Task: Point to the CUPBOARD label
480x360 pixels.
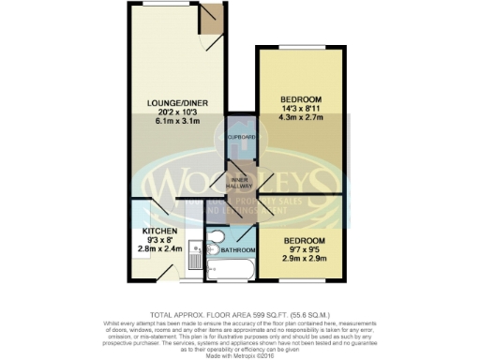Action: pos(241,137)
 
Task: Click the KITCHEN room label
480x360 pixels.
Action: pos(159,231)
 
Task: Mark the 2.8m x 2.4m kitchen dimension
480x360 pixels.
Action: pos(159,250)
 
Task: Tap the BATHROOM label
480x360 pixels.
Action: pos(239,250)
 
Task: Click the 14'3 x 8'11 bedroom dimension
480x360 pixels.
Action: pos(300,110)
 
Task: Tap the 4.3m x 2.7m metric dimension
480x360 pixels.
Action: pos(300,119)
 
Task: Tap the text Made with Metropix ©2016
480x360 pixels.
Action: pos(240,354)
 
